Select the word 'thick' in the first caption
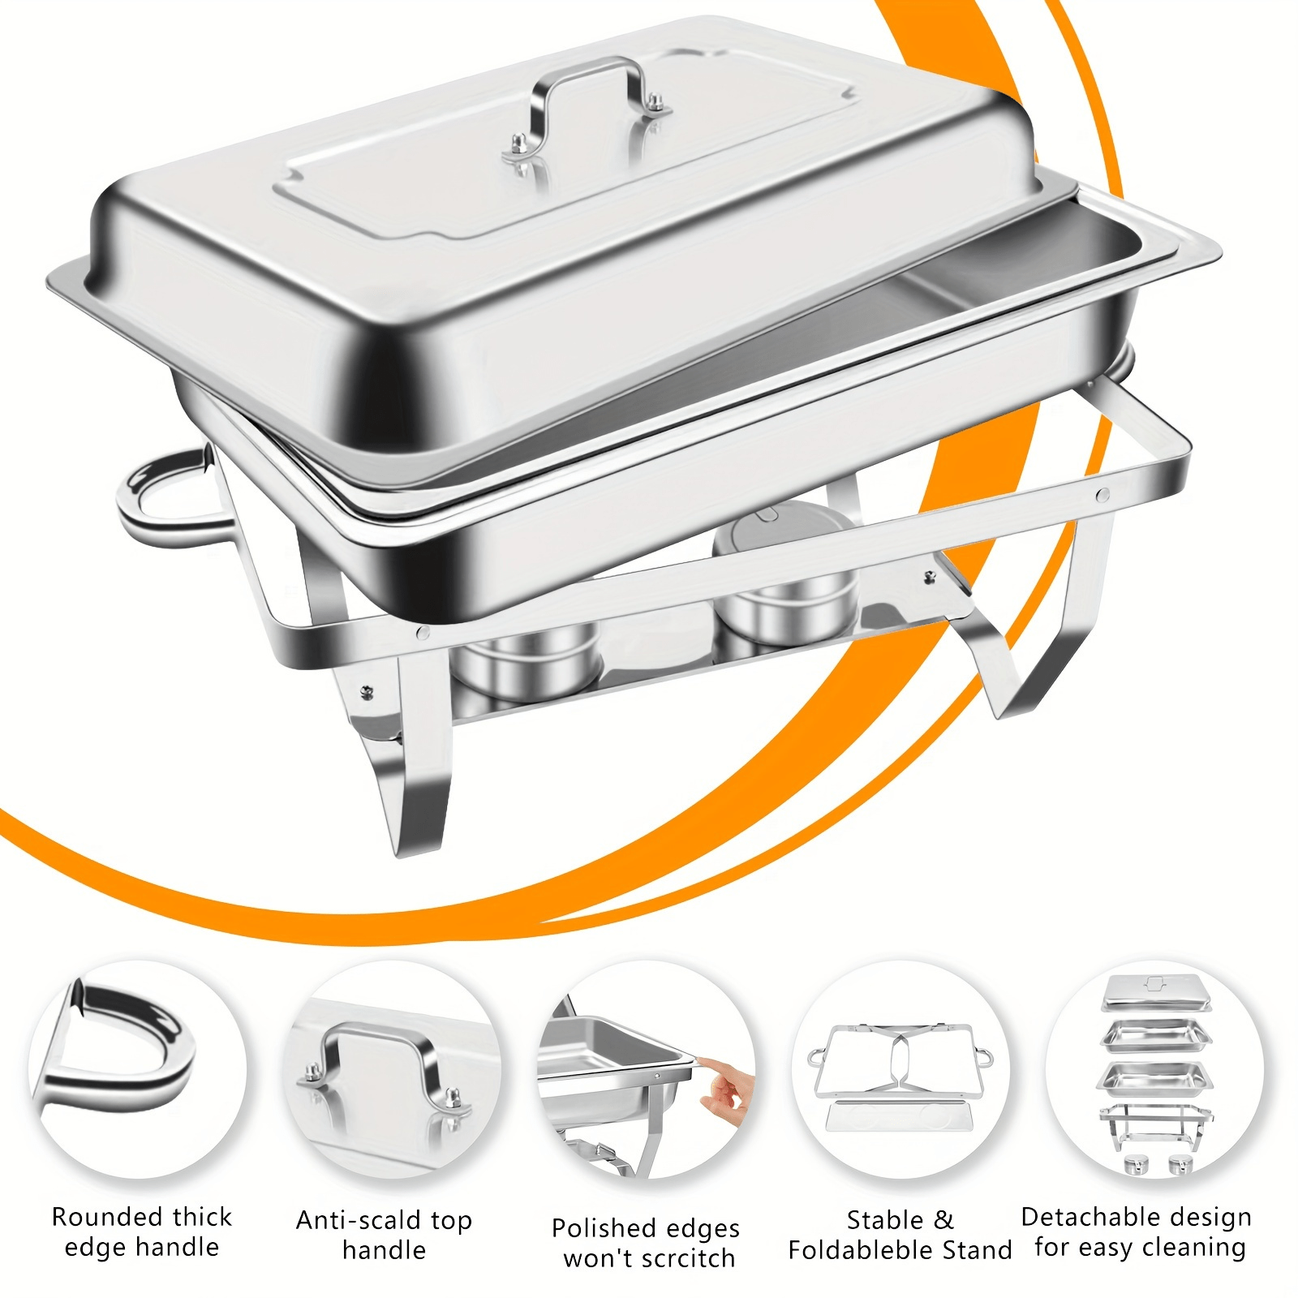click(x=202, y=1217)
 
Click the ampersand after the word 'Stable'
click(x=943, y=1220)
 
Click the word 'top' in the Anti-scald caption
click(x=451, y=1222)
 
